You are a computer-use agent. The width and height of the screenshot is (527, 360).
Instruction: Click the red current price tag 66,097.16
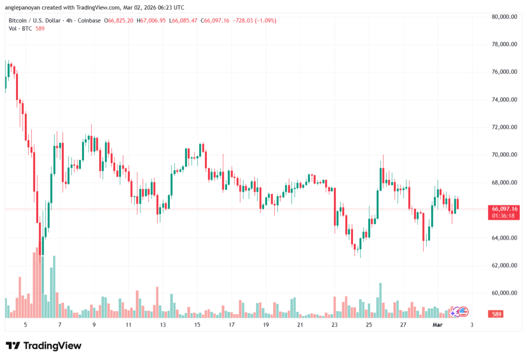pyautogui.click(x=505, y=208)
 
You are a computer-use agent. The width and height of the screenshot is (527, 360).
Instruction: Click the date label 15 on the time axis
pyautogui.click(x=197, y=325)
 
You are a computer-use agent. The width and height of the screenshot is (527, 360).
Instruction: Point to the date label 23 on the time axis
pyautogui.click(x=335, y=325)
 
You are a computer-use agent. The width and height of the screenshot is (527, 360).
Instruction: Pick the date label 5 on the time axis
pyautogui.click(x=25, y=325)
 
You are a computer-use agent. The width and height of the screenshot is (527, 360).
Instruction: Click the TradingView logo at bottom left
pyautogui.click(x=44, y=346)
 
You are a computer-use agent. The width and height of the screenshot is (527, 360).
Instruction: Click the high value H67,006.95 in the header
pyautogui.click(x=151, y=20)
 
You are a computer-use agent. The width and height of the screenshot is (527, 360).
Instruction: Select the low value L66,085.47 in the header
pyautogui.click(x=184, y=20)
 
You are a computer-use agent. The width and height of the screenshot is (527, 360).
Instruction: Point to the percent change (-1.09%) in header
pyautogui.click(x=263, y=20)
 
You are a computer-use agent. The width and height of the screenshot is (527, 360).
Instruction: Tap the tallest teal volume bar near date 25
pyautogui.click(x=380, y=300)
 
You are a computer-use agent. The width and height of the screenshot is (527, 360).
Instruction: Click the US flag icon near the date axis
pyautogui.click(x=463, y=311)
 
